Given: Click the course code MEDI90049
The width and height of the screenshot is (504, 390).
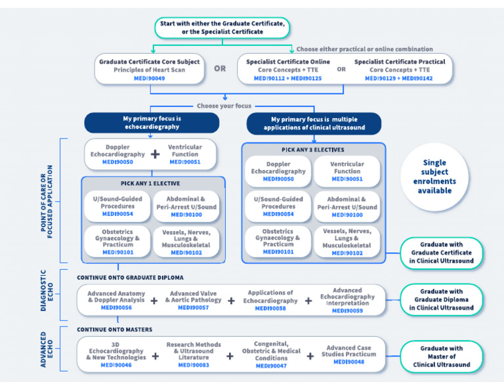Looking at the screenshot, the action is point(149,78).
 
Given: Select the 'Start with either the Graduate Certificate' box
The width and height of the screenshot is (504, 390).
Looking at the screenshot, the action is point(222,28).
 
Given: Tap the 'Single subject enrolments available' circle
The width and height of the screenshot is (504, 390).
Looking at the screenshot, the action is point(434,177).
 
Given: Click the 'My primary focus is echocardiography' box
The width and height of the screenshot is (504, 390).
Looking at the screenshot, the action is point(152,123).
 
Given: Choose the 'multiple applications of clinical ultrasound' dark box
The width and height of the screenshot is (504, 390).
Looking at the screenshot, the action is point(314,123).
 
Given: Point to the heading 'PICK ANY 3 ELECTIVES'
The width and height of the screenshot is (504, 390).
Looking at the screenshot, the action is point(313,150).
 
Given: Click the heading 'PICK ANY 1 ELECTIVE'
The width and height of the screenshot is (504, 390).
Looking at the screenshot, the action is point(150,184).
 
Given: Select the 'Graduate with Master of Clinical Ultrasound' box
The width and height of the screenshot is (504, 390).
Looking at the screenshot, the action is point(442,357).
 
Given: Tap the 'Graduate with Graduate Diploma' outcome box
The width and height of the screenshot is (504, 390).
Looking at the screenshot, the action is point(442,299).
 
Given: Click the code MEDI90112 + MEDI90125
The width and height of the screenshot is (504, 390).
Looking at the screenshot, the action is point(287,78).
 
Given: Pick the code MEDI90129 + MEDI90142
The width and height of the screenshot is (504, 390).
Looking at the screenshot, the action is point(399,78).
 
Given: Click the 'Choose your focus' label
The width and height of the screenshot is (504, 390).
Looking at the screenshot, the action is point(224,106).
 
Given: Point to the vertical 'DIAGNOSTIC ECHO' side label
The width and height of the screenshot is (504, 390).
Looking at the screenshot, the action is point(47,290).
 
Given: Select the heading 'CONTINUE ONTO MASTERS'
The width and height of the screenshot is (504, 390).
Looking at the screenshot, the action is point(114,330).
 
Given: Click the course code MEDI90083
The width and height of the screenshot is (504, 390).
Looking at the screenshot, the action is point(194,365).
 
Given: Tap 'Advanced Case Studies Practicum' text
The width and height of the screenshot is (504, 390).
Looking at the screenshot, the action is point(348,351).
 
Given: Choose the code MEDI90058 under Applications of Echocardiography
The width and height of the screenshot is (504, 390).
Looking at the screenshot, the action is point(270,309).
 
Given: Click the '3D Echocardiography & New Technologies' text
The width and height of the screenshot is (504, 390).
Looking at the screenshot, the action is point(116,351).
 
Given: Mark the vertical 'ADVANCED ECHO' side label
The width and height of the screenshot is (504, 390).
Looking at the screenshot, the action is point(47,349).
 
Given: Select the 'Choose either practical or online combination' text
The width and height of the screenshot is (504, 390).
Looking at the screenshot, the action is point(364,49).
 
